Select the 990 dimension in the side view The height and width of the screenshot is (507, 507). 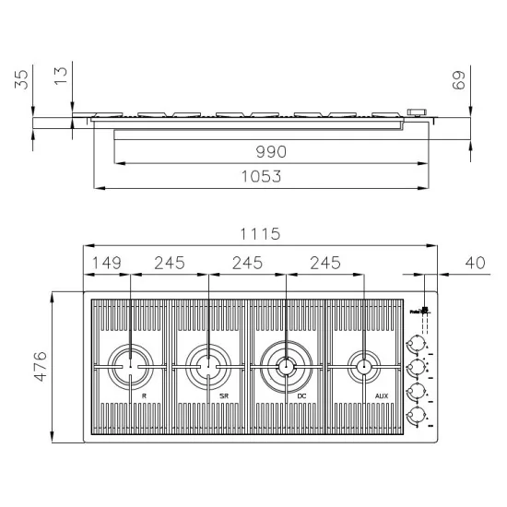tap(270, 151)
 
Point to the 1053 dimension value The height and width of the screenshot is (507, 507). tap(261, 176)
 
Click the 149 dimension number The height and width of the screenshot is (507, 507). tap(107, 264)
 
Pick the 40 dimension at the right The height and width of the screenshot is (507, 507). tap(475, 264)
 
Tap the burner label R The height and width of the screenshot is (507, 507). tap(144, 396)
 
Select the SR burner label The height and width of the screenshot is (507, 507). tap(223, 396)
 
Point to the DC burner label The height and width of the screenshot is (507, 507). tap(301, 396)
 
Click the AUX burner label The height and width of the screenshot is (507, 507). tap(382, 396)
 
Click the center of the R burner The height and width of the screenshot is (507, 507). tap(130, 367)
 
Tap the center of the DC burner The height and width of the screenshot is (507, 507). tap(287, 367)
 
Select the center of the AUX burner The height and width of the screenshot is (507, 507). tap(365, 367)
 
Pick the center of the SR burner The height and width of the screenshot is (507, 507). tap(208, 367)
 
